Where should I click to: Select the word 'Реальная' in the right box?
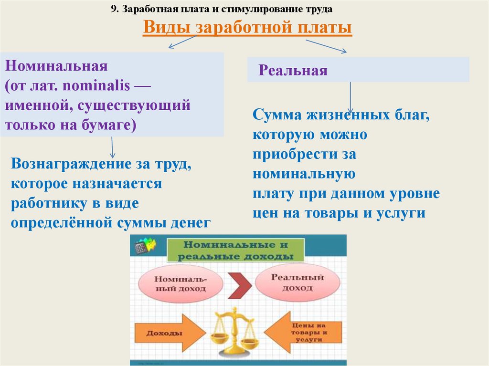tap(293, 71)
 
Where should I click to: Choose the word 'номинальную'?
tap(304, 174)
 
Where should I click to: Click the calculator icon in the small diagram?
tap(141, 247)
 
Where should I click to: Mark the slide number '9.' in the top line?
tap(114, 9)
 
